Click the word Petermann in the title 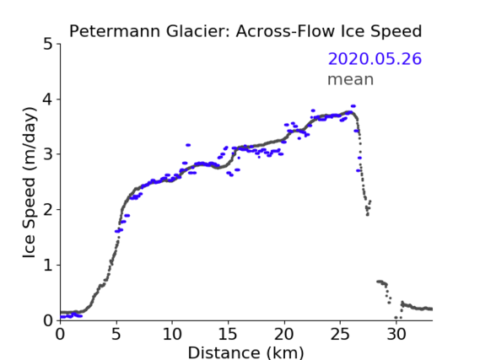115,31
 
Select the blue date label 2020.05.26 375,58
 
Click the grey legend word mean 351,79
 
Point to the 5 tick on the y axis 48,44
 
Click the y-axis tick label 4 48,99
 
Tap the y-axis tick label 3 48,154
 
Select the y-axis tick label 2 48,210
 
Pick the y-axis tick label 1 48,266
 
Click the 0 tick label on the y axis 48,320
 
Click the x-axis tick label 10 172,334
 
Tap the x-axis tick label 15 228,334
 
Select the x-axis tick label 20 284,334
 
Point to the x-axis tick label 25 340,334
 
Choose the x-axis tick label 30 396,334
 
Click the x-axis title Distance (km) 245,352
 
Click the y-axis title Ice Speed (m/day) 30,183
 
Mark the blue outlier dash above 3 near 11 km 188,145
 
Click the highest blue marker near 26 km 353,106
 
